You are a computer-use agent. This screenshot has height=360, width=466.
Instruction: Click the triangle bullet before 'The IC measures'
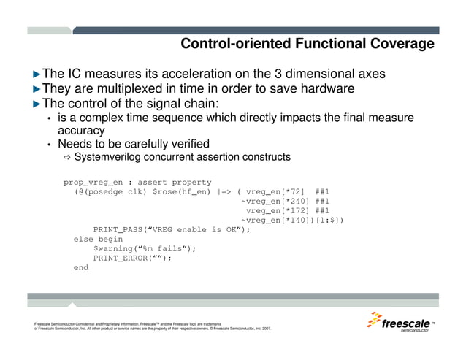click(37, 74)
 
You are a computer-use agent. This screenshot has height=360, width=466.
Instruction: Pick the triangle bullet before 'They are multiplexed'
click(37, 89)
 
